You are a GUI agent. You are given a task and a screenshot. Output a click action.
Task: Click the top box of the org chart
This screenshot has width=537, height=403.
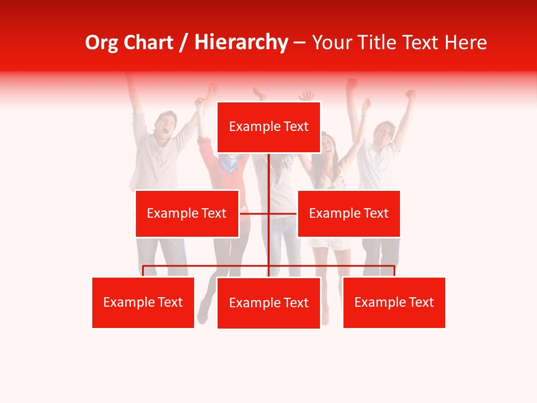(x=268, y=127)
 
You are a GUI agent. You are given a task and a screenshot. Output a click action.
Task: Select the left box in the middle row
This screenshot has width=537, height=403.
(x=187, y=213)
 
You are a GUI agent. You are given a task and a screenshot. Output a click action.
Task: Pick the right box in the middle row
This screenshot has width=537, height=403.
(x=348, y=213)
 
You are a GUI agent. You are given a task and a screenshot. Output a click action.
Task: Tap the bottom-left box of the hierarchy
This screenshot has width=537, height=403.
(x=143, y=302)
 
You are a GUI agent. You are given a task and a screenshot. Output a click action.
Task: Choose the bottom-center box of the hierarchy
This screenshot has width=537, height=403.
(x=268, y=303)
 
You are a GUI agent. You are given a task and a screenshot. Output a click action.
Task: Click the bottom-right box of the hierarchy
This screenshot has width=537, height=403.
(x=394, y=302)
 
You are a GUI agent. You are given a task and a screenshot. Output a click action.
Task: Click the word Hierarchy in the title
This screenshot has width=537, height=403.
(x=241, y=43)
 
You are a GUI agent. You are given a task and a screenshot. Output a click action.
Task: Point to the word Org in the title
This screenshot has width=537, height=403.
(x=100, y=43)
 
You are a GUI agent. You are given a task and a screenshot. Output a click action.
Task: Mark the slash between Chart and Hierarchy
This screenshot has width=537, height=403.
(x=184, y=43)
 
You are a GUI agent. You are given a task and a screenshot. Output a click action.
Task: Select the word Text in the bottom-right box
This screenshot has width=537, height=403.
(x=421, y=302)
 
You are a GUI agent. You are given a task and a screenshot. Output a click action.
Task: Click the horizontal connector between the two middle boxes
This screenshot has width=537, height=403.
(x=268, y=213)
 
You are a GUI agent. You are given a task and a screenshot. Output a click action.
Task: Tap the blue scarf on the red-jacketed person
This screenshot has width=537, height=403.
(x=229, y=163)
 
